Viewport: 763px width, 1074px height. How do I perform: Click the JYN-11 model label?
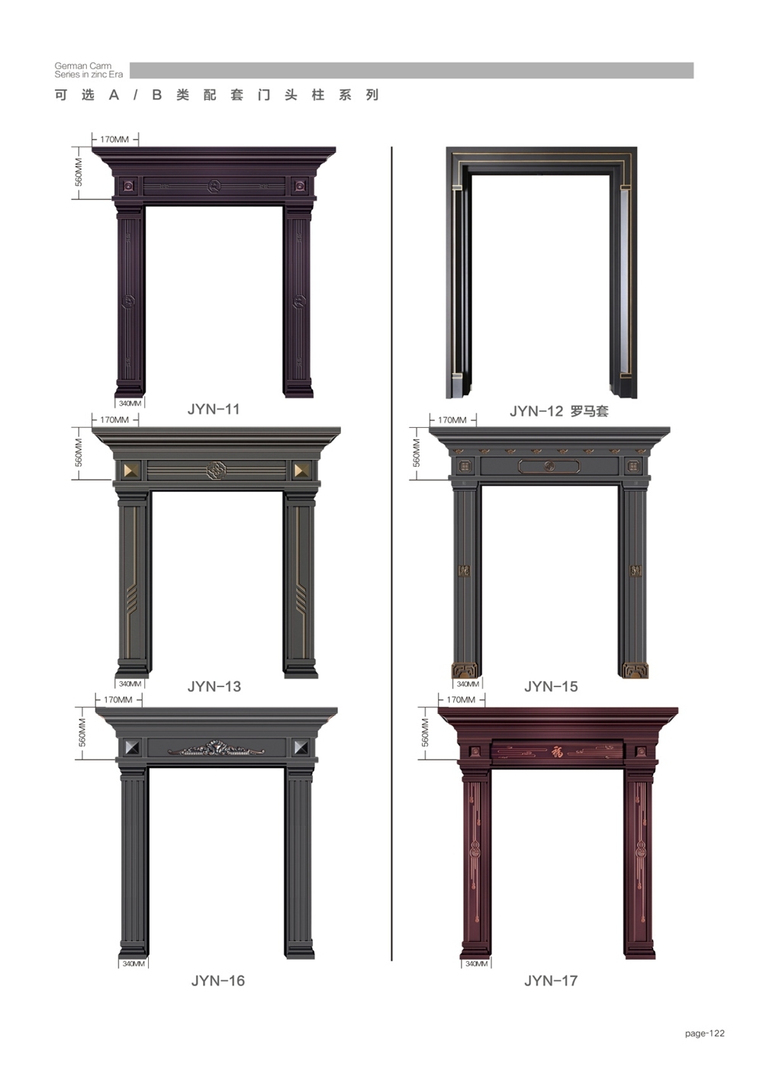point(213,409)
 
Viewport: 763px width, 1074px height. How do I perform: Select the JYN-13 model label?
point(214,686)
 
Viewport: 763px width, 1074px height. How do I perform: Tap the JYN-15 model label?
point(551,686)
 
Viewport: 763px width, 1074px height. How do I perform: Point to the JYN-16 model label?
point(217,980)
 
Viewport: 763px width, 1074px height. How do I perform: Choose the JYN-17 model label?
point(551,980)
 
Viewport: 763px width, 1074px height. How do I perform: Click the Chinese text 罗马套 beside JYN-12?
point(589,411)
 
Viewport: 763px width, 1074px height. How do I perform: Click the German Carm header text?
point(82,66)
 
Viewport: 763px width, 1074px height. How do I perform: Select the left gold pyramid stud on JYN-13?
point(132,471)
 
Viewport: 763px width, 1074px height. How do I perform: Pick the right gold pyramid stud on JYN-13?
point(301,471)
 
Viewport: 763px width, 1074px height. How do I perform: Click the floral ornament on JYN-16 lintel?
point(216,749)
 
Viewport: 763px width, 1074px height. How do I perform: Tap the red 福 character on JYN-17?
point(557,752)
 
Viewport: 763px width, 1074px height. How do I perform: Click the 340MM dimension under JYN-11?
point(130,404)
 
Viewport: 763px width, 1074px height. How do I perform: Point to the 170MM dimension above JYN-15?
point(452,420)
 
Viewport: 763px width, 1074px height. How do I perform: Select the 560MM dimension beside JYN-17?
point(425,732)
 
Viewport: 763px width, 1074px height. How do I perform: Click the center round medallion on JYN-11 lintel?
point(214,185)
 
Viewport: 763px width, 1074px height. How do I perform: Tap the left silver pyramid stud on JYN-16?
point(132,748)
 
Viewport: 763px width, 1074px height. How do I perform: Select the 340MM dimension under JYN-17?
point(476,963)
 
